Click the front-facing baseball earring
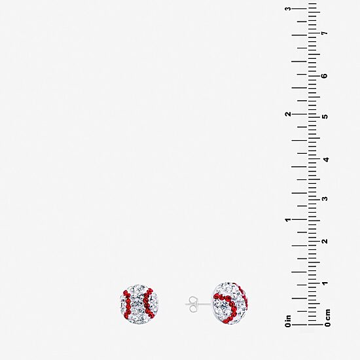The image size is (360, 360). pos(139,304)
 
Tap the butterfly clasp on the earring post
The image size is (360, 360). pos(192,304)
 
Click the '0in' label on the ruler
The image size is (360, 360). pos(288,321)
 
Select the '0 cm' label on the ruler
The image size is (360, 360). pos(327,318)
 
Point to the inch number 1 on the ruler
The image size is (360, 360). pos(288,220)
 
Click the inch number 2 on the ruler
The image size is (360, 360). pos(288,114)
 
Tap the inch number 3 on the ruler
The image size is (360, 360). pos(288,9)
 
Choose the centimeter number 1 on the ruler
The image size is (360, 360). pos(325,283)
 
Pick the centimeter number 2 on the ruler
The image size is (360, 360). pos(325,241)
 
